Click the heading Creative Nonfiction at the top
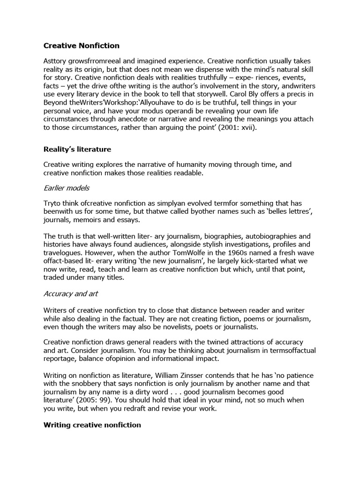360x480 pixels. [x=82, y=45]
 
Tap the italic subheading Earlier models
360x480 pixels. [x=66, y=187]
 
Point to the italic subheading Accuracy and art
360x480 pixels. [x=71, y=294]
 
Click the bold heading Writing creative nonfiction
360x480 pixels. [x=92, y=425]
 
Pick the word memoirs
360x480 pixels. [x=86, y=220]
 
